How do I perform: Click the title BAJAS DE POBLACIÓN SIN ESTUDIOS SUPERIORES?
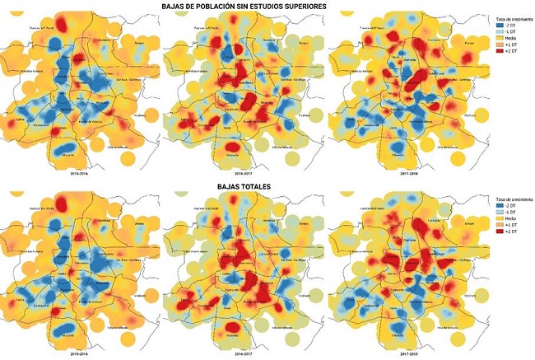[x=267, y=6]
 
